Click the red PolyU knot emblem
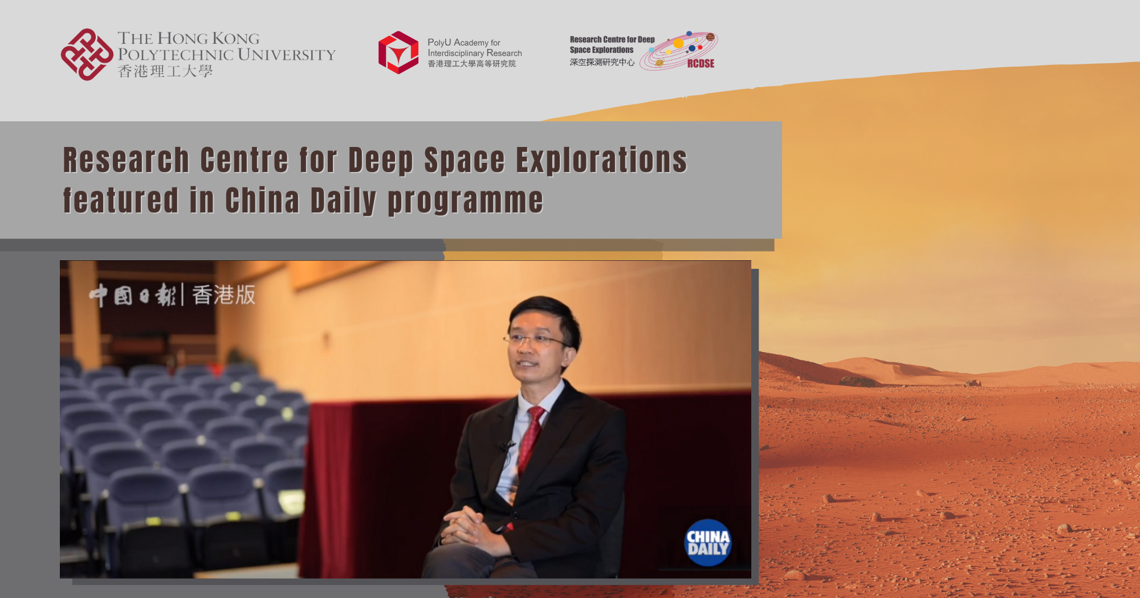coord(87,55)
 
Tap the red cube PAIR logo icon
coord(398,52)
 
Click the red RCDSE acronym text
coord(701,63)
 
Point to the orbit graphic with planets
coord(678,50)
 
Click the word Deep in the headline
coord(380,160)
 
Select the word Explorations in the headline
coord(601,160)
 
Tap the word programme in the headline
coord(465,200)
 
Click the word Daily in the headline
coord(343,200)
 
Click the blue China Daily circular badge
coord(707,543)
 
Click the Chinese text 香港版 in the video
coord(223,295)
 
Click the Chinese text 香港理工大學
coord(165,71)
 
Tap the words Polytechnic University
coord(226,55)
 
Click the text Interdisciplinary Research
coord(474,53)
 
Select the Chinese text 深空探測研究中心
coord(602,62)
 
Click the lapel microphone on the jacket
coord(504,445)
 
